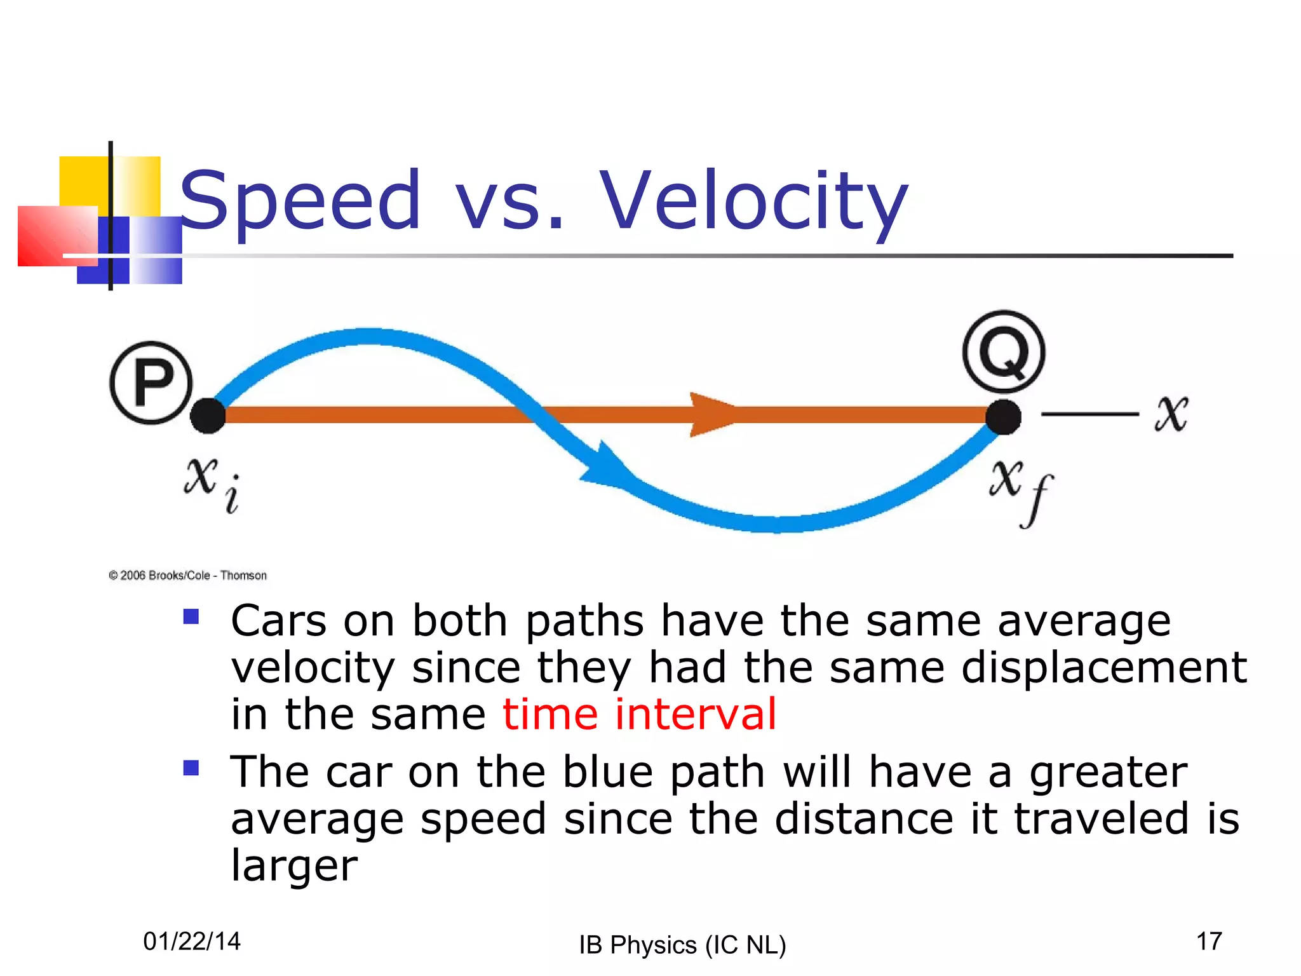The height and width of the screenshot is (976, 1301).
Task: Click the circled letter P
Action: (151, 383)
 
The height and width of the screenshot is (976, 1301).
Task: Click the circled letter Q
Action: (1003, 351)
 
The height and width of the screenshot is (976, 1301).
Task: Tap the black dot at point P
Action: (208, 416)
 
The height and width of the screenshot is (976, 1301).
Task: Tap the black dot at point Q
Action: (1003, 417)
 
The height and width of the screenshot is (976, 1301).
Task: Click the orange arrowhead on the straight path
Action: (710, 414)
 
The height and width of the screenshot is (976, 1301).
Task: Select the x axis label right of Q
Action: (1171, 414)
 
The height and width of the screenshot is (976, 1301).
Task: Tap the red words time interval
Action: (639, 714)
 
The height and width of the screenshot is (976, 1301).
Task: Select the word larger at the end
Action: (294, 866)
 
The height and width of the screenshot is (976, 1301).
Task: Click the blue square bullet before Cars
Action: (191, 616)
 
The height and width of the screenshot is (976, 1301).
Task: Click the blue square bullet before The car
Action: (191, 768)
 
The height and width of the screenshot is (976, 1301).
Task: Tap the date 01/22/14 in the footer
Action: (192, 941)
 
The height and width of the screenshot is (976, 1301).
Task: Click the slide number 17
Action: (1209, 941)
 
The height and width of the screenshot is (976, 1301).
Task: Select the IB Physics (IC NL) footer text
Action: (682, 945)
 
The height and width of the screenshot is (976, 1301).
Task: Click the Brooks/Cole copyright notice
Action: (187, 575)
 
